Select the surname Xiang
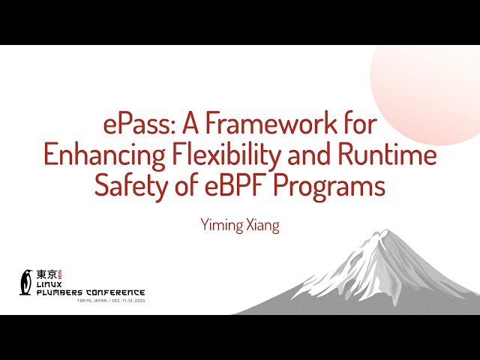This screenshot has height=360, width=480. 260,225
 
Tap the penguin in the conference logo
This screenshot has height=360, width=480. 26,281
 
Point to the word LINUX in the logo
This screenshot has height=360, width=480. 49,285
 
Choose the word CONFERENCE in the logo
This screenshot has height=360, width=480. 115,292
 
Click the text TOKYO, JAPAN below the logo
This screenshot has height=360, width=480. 91,300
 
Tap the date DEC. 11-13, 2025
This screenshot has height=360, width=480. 125,300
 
